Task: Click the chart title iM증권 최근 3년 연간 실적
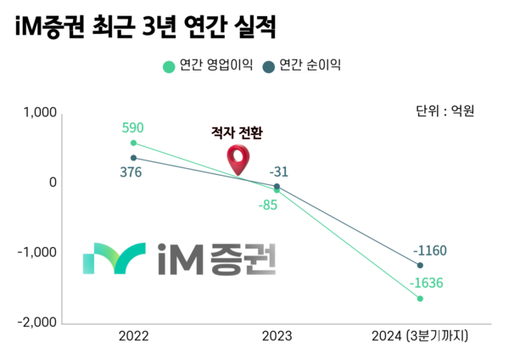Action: click(147, 29)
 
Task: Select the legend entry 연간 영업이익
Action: click(208, 65)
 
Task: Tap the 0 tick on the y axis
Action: click(53, 183)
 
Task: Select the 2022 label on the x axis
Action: click(133, 336)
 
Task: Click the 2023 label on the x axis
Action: click(277, 336)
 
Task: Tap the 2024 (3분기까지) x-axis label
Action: click(420, 336)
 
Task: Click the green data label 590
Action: click(133, 128)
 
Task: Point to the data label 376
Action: click(131, 172)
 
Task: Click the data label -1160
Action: click(429, 251)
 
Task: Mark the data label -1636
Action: click(428, 284)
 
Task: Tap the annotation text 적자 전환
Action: click(237, 133)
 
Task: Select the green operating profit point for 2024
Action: click(420, 299)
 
